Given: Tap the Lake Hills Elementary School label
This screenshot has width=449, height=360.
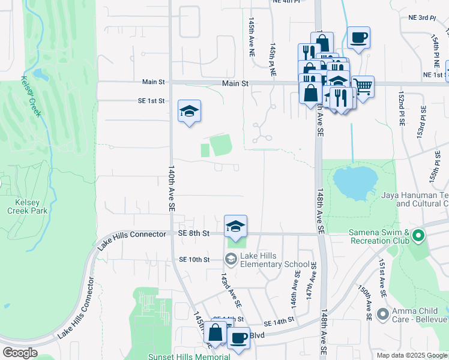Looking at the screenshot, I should pyautogui.click(x=275, y=260).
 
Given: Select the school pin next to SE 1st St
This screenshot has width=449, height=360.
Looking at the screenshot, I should pyautogui.click(x=189, y=112).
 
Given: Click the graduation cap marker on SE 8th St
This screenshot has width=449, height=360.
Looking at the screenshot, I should pyautogui.click(x=236, y=226).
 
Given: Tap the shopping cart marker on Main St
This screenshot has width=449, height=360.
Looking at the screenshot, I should pyautogui.click(x=363, y=87).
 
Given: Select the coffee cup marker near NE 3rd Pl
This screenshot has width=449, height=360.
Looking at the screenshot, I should pyautogui.click(x=358, y=38).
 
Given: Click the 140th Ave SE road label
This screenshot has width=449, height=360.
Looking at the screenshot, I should pyautogui.click(x=172, y=187).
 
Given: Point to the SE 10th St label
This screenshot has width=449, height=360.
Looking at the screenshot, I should pyautogui.click(x=194, y=260).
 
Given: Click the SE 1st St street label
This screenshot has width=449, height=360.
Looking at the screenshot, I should pyautogui.click(x=150, y=101).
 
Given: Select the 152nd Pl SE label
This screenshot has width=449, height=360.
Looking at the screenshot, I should pyautogui.click(x=402, y=109).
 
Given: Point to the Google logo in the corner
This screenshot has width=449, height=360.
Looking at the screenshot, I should pyautogui.click(x=20, y=353).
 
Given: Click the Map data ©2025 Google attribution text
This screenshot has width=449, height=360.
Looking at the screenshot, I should pyautogui.click(x=411, y=355).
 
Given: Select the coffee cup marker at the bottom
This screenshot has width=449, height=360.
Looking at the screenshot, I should pyautogui.click(x=238, y=338).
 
